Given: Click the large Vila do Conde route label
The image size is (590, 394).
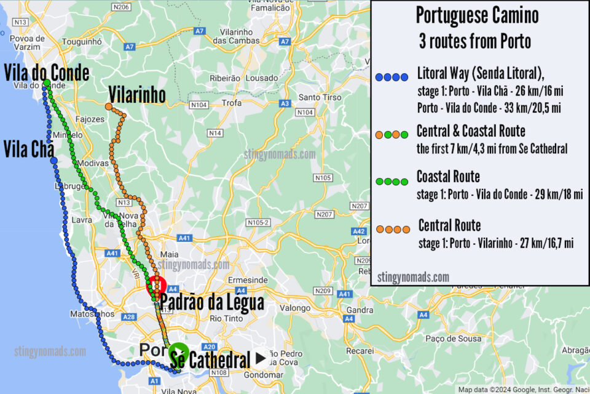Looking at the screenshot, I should [x=46, y=73].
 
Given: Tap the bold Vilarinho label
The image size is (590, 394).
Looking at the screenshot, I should [x=137, y=95].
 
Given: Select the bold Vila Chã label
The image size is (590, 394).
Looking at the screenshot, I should [x=28, y=148].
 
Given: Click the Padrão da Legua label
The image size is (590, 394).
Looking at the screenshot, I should [x=213, y=302].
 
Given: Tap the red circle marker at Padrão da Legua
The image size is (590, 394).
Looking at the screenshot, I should [x=156, y=287].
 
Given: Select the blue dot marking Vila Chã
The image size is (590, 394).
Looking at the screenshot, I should [x=54, y=161].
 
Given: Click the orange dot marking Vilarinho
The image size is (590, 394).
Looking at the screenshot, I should [x=108, y=107].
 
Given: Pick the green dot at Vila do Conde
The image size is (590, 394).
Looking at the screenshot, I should [x=46, y=82].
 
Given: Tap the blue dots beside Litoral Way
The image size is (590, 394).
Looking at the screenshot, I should [x=391, y=78].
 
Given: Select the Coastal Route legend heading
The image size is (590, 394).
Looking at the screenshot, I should [x=448, y=177].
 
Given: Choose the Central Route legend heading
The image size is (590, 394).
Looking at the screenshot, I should [x=449, y=225].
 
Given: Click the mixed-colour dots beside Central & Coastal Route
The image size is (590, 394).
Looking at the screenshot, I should [x=391, y=134].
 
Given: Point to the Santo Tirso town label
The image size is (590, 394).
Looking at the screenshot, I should [x=315, y=97].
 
